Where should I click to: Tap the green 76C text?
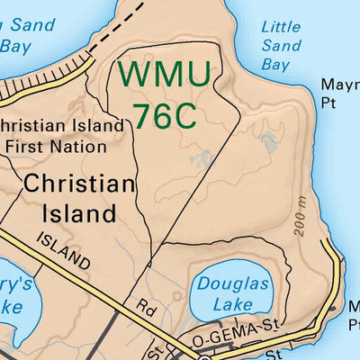167,114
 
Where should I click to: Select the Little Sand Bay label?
280,45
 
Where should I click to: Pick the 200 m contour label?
301,217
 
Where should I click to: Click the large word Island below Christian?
79,214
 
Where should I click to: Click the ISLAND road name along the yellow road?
64,250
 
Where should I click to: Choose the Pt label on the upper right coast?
329,103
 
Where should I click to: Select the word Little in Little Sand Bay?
280,26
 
